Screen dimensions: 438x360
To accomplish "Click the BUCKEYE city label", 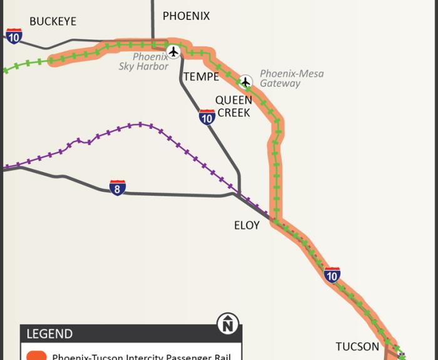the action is point(53,21).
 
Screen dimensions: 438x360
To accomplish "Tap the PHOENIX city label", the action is point(186,16).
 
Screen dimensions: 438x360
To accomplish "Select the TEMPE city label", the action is point(201,77).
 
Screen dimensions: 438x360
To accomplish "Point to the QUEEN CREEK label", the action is point(233,106).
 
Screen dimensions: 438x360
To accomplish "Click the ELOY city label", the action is point(247,225).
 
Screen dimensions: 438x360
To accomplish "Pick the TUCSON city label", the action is point(357,347).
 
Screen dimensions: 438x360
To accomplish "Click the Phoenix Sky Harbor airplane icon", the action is point(173,51).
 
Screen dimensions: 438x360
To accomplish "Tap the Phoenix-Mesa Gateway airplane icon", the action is point(246,81).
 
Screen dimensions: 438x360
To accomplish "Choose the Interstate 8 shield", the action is point(117,187).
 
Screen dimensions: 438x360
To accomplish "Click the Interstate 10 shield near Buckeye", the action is point(14,36).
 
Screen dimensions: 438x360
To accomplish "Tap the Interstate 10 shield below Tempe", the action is point(207,116).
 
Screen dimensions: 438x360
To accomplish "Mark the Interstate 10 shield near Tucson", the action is point(332,274).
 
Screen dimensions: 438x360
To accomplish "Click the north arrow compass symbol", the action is point(228,324).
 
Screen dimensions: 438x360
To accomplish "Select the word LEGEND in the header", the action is point(49,334).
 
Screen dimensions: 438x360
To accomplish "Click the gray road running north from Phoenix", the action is point(152,19).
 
